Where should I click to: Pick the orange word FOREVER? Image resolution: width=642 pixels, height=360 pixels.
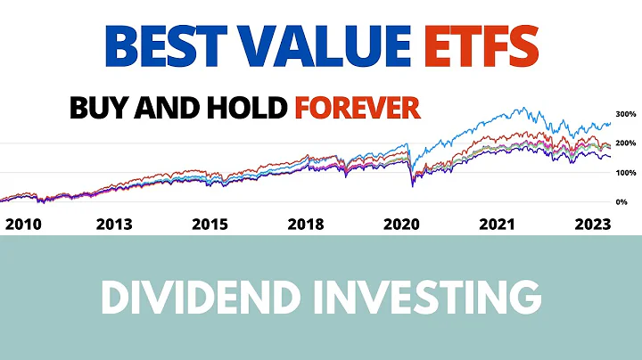[357, 109]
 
